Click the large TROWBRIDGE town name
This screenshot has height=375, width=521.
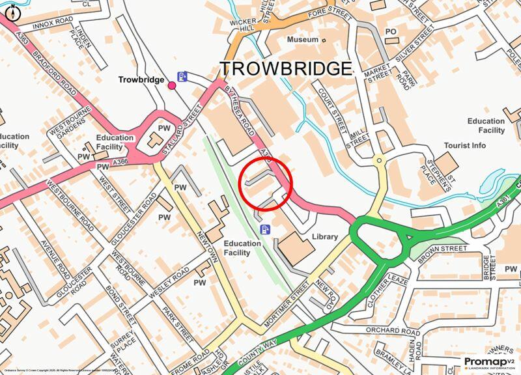point(285,68)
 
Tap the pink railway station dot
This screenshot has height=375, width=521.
point(172,85)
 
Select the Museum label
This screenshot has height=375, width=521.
point(303,40)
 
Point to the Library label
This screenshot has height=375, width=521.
point(324,236)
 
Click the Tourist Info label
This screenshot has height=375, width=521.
point(464,145)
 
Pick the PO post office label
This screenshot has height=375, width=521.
point(391,31)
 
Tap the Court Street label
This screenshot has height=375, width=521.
point(330,111)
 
